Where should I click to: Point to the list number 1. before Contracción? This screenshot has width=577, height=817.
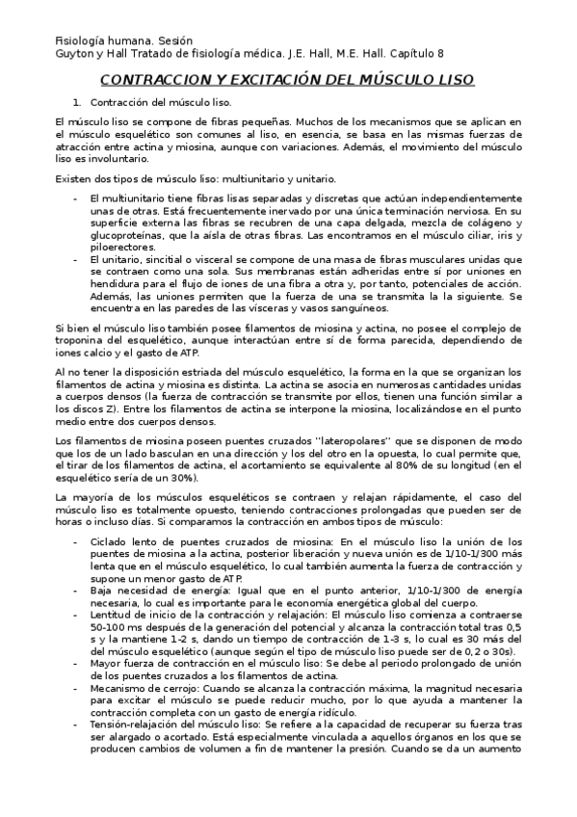pyautogui.click(x=78, y=102)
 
